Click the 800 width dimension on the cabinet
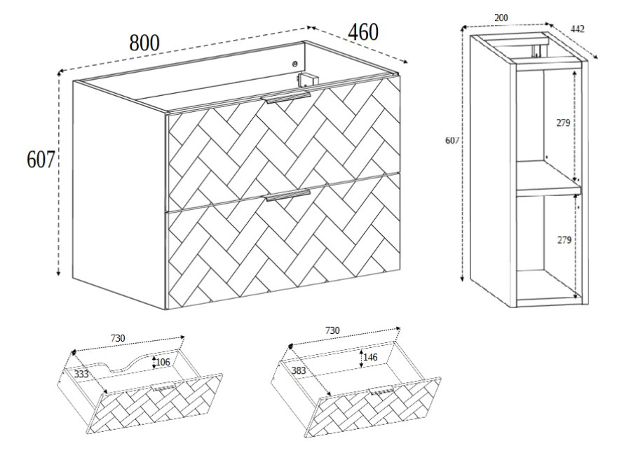click(x=144, y=43)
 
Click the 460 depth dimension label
click(x=363, y=32)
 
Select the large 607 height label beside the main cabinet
click(x=40, y=159)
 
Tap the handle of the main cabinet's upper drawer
click(x=286, y=98)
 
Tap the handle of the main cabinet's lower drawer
click(x=287, y=195)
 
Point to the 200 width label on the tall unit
click(x=501, y=17)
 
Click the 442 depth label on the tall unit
click(x=578, y=29)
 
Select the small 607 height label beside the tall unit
click(x=452, y=140)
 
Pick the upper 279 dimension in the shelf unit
click(x=564, y=123)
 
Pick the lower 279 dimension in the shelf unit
click(x=564, y=240)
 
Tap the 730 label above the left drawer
click(x=118, y=338)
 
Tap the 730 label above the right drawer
click(x=332, y=330)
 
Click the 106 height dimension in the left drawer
click(x=163, y=362)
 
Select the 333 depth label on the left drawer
click(x=81, y=374)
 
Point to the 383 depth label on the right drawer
click(x=299, y=370)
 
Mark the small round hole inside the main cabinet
click(x=295, y=64)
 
